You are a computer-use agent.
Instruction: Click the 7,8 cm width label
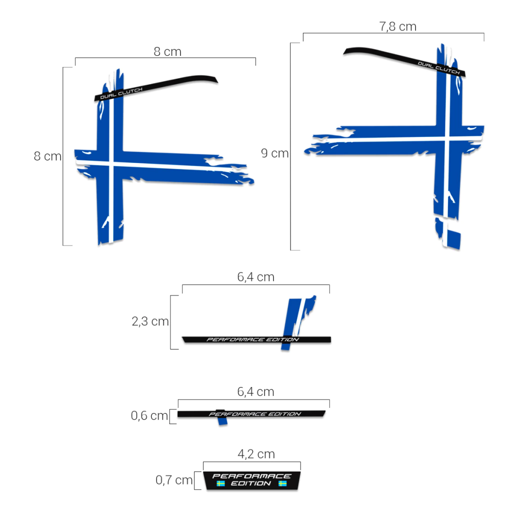coord(397,26)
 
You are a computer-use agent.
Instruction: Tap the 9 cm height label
coord(274,153)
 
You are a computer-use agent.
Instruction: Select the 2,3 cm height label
coord(150,321)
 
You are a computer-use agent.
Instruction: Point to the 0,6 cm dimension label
coord(149,415)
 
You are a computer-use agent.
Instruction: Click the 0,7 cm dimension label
coord(174,479)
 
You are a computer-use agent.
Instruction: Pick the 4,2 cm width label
coord(256,454)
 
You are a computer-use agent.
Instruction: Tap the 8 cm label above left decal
coord(167,51)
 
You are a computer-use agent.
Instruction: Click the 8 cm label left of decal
coord(47,156)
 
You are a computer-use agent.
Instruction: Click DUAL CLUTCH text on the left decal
coord(121,93)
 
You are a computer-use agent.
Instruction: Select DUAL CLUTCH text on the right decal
coord(438,68)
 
